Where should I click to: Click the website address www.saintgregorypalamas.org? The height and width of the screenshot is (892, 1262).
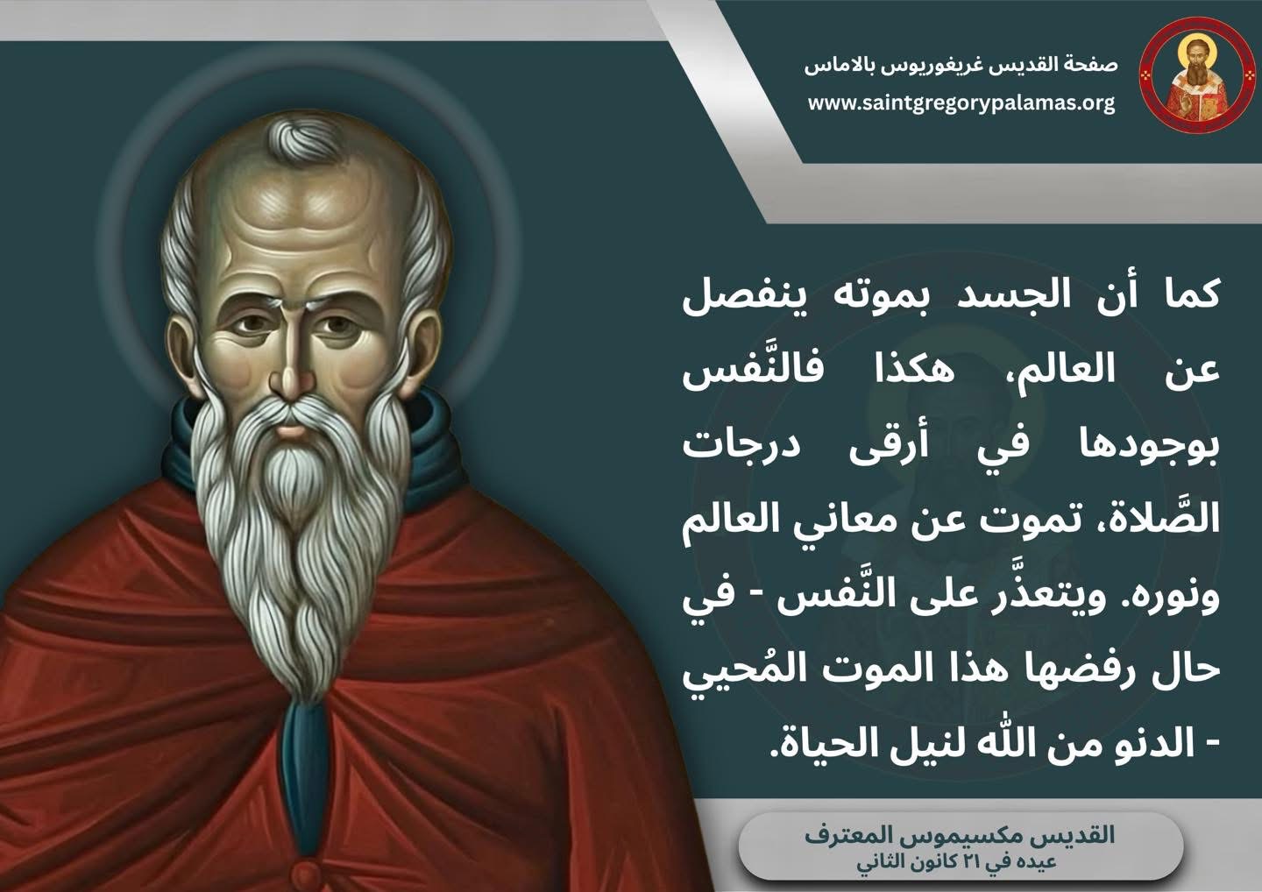961,104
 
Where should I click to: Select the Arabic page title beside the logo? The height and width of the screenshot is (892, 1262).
961,66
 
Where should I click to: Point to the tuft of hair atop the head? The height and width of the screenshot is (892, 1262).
304,137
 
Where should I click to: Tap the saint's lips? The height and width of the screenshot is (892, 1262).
291,428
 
